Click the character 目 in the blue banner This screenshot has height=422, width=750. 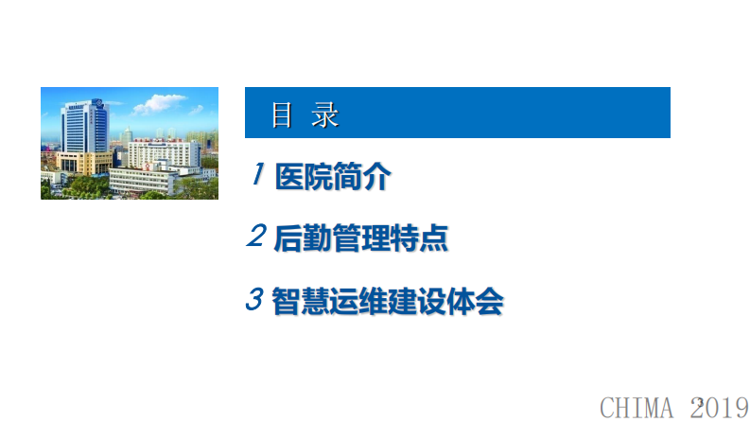tap(281, 115)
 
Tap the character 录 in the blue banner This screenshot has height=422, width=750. tap(325, 115)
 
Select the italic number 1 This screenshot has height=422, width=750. tap(257, 175)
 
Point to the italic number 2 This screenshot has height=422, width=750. tap(255, 237)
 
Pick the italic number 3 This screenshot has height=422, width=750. tap(253, 300)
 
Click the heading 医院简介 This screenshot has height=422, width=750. tap(332, 177)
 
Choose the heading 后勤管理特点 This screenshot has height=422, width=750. tap(360, 238)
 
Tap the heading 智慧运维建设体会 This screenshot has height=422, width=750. tap(387, 301)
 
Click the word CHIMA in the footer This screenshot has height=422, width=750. tap(638, 407)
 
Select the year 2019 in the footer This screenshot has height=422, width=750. tap(720, 407)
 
